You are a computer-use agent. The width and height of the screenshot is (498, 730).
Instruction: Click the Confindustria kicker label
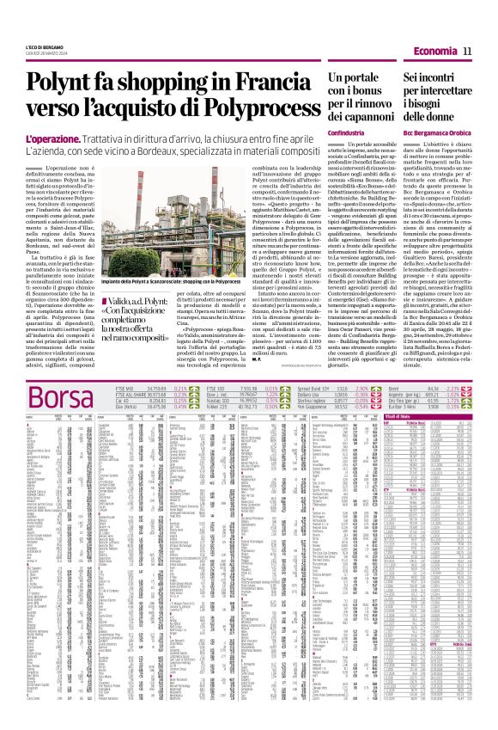point(346,133)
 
